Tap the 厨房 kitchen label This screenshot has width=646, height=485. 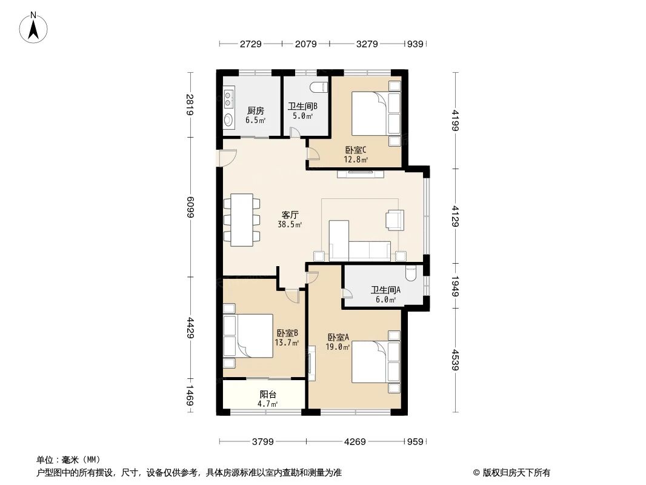coord(255,111)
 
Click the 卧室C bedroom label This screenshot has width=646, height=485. coord(356,151)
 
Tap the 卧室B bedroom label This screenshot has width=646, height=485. coord(287,333)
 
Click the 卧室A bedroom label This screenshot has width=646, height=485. coord(338,338)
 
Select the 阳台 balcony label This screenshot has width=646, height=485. coord(268,395)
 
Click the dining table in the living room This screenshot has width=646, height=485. coord(242,219)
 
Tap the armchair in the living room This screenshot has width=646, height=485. coord(395,219)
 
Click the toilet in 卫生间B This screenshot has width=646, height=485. coord(319,86)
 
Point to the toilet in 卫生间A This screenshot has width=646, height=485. coord(411,275)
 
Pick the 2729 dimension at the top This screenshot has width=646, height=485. coord(250,44)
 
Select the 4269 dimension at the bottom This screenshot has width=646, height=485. coord(355,441)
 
